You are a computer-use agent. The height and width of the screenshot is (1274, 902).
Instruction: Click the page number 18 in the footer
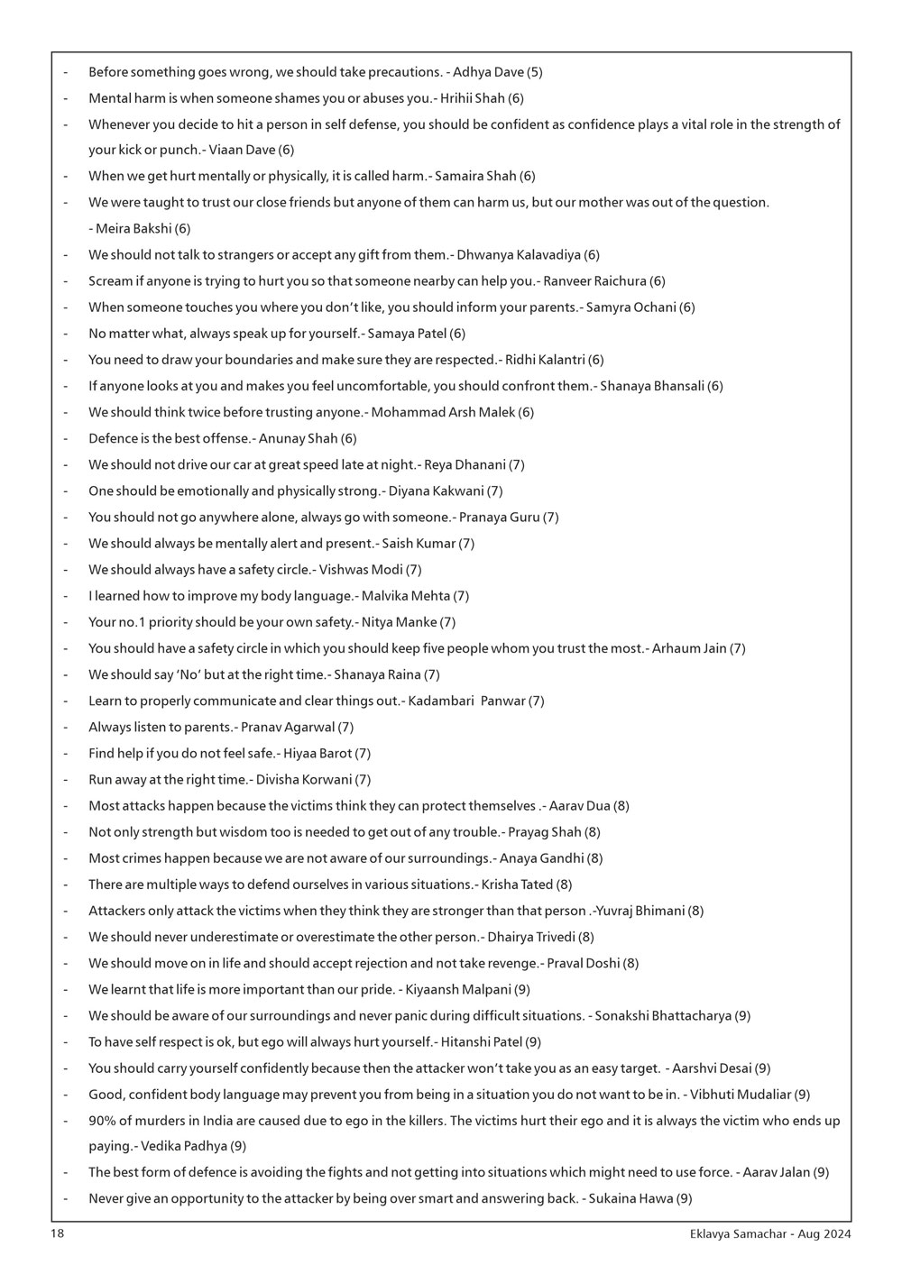(57, 1233)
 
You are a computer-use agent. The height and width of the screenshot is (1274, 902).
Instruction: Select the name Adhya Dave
(488, 72)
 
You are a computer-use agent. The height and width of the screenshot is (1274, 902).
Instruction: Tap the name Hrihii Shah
(472, 98)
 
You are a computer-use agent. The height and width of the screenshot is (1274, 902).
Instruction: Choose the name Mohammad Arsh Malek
(443, 412)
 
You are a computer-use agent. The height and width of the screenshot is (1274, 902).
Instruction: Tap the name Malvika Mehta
(406, 596)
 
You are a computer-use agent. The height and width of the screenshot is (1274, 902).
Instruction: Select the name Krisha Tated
(517, 884)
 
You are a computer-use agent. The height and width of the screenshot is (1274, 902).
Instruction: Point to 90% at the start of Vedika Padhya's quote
(103, 1121)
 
